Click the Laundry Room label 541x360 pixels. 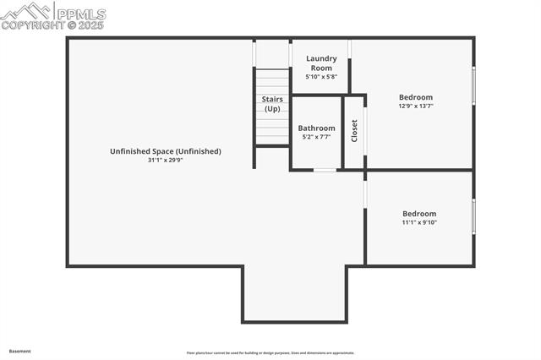coord(321,63)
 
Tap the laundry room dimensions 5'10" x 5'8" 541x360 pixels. coord(321,77)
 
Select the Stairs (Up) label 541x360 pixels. coord(272,104)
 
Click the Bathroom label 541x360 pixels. coord(316,128)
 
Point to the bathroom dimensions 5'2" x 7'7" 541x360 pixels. coord(316,137)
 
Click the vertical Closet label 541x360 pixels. coord(354,132)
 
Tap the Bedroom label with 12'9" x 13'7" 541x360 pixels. coord(416,97)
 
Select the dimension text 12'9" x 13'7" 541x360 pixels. coord(416,106)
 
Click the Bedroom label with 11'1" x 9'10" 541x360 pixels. coord(419,214)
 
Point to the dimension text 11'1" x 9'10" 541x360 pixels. coord(419,223)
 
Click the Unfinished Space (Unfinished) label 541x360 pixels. coord(166,151)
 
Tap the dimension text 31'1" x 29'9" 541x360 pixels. coord(166,160)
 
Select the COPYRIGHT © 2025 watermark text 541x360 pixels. coord(52,25)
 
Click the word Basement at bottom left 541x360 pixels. coord(20,351)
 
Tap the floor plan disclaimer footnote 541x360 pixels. coord(270,353)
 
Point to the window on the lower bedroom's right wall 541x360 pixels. coord(473,215)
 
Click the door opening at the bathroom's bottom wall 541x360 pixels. coord(325,170)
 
